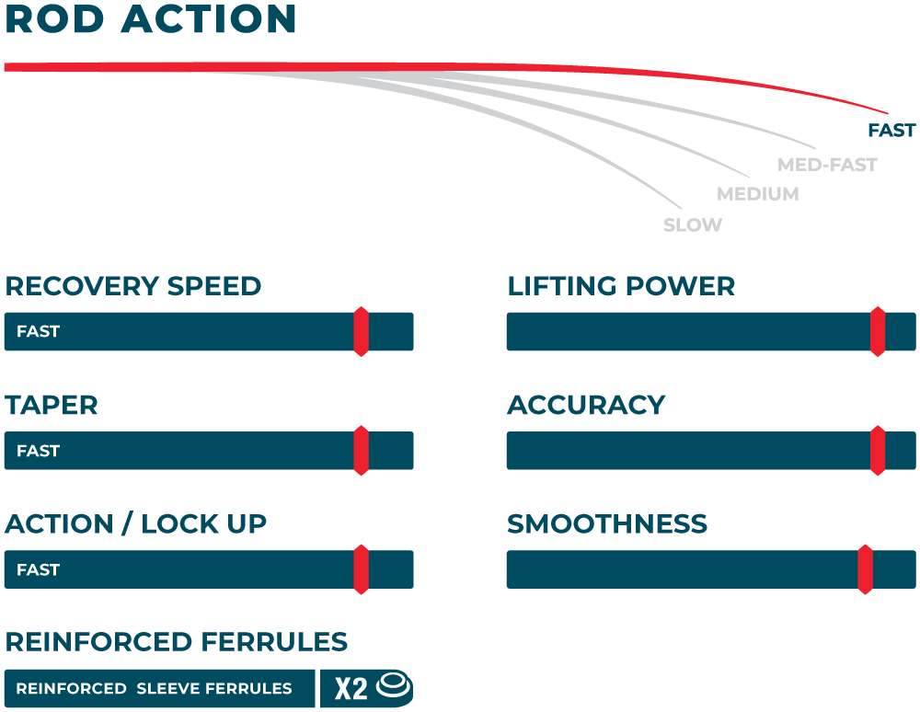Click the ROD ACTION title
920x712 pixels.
[151, 19]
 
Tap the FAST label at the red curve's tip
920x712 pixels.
[891, 131]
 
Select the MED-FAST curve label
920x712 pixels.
[827, 165]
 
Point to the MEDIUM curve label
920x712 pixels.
[757, 194]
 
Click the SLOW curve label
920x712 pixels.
[693, 224]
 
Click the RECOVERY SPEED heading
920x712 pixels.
[133, 286]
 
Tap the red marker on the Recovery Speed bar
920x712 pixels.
[362, 331]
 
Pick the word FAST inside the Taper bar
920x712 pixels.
[38, 451]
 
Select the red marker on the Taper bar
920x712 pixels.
[362, 451]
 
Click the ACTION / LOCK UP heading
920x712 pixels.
[136, 524]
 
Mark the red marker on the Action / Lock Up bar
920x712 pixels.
[362, 569]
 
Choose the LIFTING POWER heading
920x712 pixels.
[621, 286]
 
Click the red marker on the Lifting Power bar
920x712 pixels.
[878, 331]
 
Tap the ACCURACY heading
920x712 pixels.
[586, 405]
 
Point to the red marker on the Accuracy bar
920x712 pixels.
[878, 451]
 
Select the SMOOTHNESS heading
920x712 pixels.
[607, 524]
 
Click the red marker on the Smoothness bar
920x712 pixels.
[865, 569]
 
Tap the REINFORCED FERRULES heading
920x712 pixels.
[177, 641]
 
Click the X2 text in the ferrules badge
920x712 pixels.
[351, 688]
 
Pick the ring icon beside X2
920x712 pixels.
[395, 685]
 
